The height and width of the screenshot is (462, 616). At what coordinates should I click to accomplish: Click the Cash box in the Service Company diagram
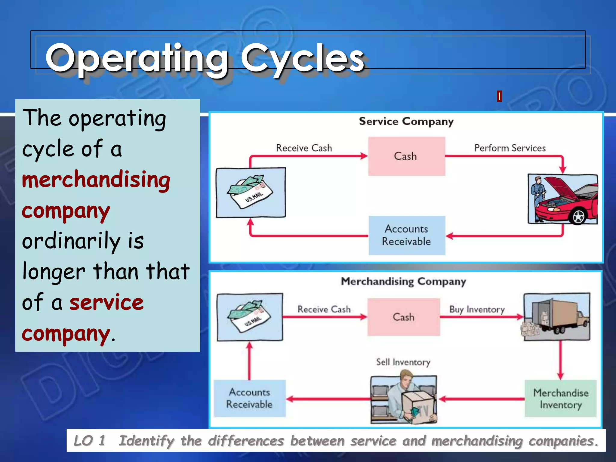click(406, 156)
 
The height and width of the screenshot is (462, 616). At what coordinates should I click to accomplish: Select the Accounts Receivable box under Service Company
click(406, 235)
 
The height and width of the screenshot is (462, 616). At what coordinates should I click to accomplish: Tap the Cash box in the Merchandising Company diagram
click(403, 317)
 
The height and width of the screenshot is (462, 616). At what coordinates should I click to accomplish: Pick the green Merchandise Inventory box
click(560, 399)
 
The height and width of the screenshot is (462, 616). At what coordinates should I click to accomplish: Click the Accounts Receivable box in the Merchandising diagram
click(249, 398)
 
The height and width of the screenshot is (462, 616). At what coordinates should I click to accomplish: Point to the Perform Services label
click(510, 148)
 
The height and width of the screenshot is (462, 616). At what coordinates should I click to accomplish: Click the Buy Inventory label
click(477, 309)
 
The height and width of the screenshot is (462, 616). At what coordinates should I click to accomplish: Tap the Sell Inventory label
click(403, 362)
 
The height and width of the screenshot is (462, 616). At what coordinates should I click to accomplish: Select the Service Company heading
click(406, 121)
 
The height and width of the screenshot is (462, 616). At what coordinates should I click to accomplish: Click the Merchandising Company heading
click(403, 281)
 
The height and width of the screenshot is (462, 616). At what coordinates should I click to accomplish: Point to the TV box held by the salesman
click(419, 408)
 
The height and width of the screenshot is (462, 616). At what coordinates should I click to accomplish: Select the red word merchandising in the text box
click(96, 180)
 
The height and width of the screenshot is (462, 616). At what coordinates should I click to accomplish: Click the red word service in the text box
click(106, 302)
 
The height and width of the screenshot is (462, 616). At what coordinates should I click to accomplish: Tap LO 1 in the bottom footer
click(89, 441)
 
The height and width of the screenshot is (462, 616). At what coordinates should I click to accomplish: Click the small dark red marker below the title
click(499, 96)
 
